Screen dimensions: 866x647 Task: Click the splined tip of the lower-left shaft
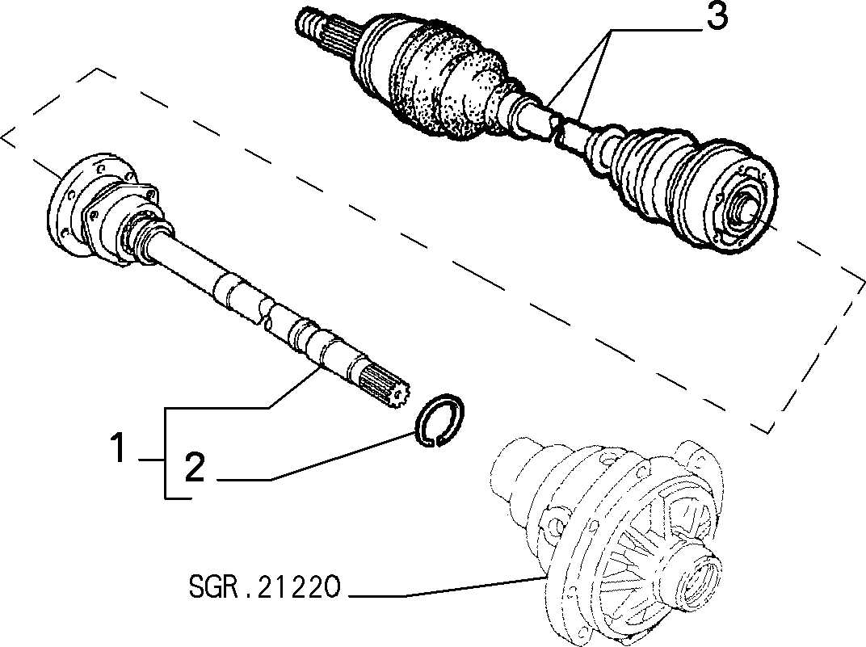pos(385,384)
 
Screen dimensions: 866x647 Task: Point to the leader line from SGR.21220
pos(448,587)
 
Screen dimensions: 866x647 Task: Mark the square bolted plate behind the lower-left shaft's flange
pos(120,221)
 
